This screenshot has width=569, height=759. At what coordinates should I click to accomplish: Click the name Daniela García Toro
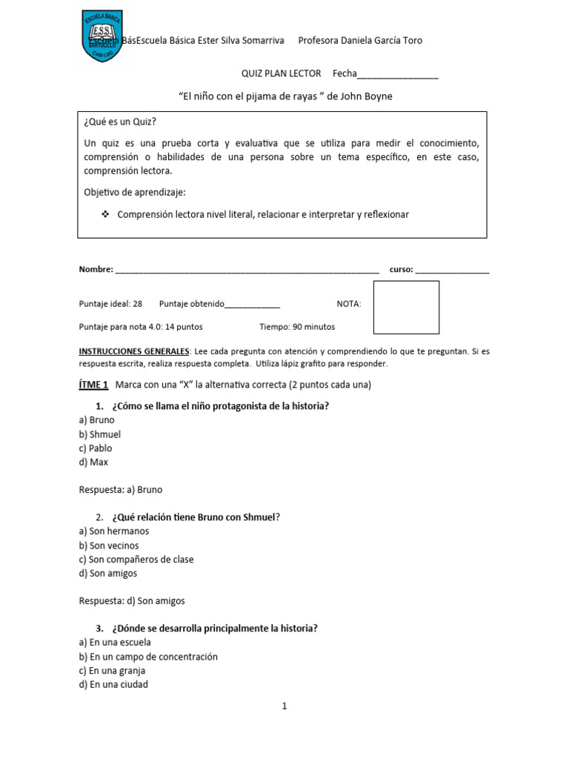click(379, 41)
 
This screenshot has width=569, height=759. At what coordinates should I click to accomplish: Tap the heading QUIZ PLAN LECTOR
click(282, 73)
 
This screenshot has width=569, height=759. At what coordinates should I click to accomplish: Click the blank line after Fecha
click(398, 75)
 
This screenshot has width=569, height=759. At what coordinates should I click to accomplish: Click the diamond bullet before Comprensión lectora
click(104, 214)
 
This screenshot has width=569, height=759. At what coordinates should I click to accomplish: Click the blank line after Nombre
click(247, 271)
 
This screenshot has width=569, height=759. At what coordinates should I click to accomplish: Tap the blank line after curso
click(452, 271)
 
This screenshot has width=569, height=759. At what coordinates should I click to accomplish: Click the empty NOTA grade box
click(406, 307)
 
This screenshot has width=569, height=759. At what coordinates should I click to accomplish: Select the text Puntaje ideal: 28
click(110, 304)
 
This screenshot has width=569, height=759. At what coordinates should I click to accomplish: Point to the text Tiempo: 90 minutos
click(297, 326)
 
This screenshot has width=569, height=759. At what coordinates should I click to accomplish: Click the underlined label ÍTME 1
click(94, 385)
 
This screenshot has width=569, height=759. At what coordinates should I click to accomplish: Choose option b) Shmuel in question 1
click(99, 434)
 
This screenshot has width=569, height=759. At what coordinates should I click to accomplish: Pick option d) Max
click(93, 462)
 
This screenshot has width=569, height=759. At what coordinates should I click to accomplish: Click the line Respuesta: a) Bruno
click(120, 489)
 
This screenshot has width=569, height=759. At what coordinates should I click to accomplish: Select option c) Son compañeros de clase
click(136, 560)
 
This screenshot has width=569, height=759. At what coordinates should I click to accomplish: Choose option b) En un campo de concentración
click(148, 657)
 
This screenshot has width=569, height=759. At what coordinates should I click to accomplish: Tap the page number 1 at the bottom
click(284, 707)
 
